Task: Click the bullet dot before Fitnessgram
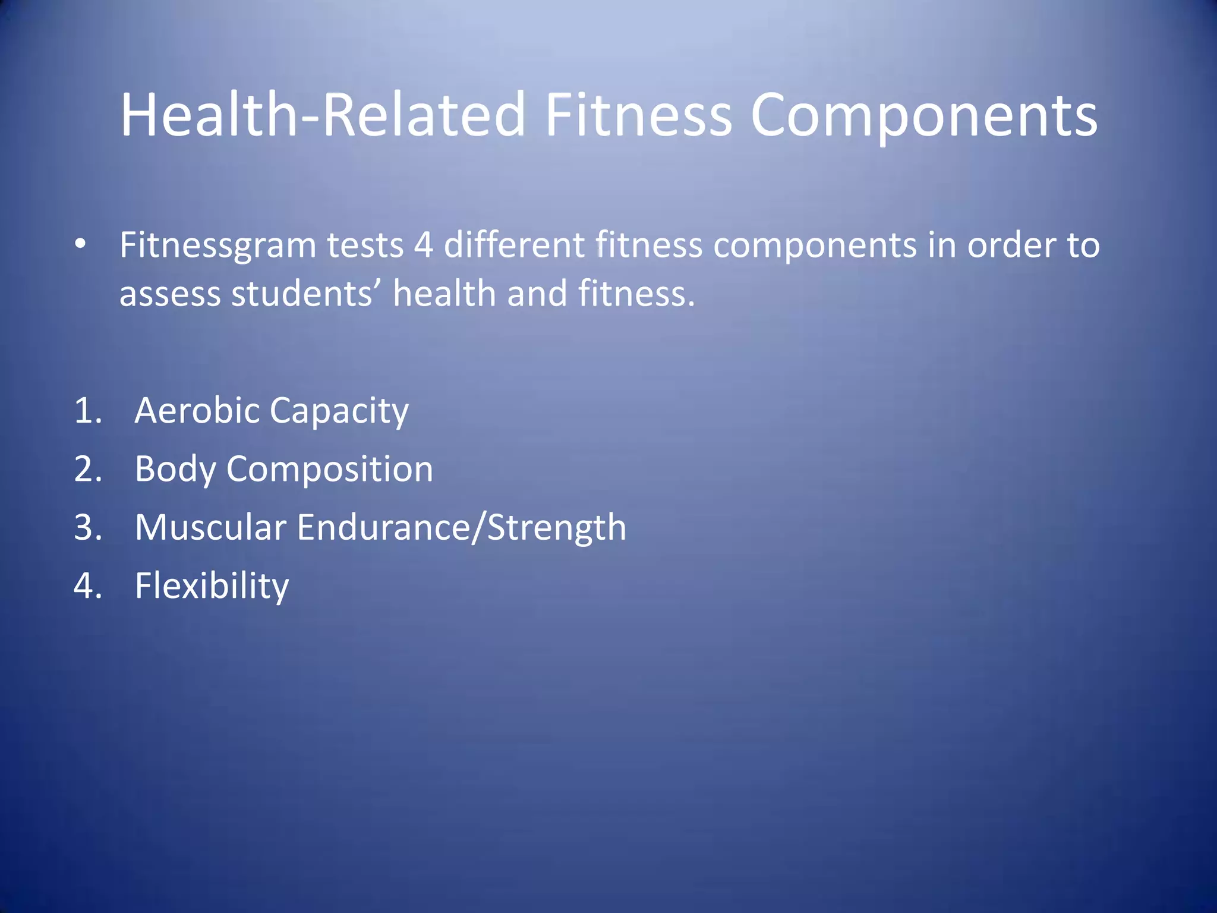coord(81,244)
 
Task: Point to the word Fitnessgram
coord(217,245)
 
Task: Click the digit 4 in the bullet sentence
coord(423,245)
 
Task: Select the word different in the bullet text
coord(514,245)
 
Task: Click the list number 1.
coord(87,411)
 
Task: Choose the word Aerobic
coord(197,411)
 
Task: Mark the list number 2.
coord(87,469)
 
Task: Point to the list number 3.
coord(87,527)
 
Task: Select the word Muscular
coord(210,528)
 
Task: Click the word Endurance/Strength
coord(461,528)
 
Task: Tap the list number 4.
coord(87,585)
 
